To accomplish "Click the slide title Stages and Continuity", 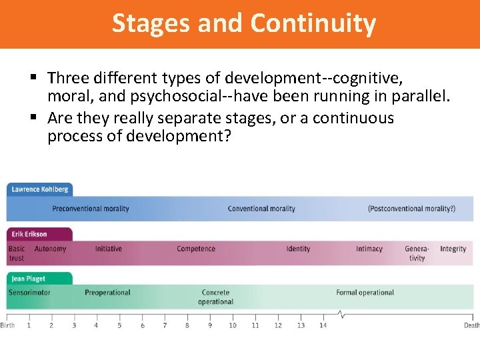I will tap(244, 23).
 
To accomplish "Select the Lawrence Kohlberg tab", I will tap(40, 189).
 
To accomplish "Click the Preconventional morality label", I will tap(91, 209).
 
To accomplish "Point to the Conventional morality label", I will tap(261, 209).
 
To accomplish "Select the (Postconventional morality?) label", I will tap(411, 209).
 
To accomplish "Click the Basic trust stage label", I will tap(17, 253).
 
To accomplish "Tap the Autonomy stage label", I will tap(50, 249).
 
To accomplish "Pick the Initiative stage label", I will tap(108, 249).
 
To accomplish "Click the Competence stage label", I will tap(196, 249).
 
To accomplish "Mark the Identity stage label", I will tap(298, 249).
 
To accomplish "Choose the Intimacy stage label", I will tap(369, 249).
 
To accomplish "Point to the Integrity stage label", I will tap(453, 249).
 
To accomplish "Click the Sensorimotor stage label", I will tap(29, 293).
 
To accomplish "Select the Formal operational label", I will tap(365, 293).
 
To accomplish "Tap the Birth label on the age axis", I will tap(7, 325).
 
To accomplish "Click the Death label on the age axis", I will tap(472, 325).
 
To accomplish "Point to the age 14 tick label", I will tap(323, 325).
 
